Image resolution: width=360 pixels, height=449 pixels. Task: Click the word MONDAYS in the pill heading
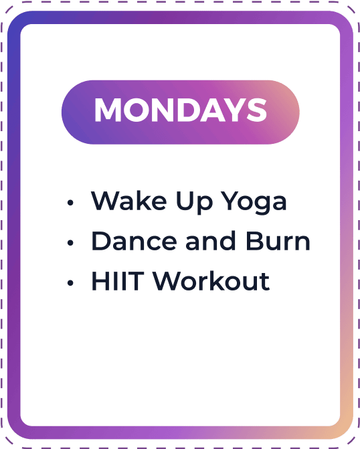point(181,110)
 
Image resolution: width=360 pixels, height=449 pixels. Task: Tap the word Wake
point(128,201)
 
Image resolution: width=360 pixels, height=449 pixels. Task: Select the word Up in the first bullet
point(195,203)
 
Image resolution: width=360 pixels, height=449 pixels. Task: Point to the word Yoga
point(254,203)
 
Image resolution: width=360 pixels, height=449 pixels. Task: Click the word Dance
point(134,241)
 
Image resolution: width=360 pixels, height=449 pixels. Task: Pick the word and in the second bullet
point(211,240)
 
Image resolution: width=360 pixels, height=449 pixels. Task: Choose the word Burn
point(278,241)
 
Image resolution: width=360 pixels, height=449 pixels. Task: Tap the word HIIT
point(117,281)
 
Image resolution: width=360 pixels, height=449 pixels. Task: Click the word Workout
point(211,280)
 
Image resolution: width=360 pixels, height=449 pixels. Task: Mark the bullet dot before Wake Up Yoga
point(70,203)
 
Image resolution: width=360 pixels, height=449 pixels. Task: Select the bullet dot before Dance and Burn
point(70,243)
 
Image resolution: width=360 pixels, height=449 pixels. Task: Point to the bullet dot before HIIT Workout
point(70,283)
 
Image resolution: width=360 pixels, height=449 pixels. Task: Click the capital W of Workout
point(168,281)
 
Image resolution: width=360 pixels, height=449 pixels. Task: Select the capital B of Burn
point(255,241)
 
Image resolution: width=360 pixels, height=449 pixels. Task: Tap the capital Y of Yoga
point(231,201)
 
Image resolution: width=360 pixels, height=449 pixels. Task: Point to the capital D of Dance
point(102,241)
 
